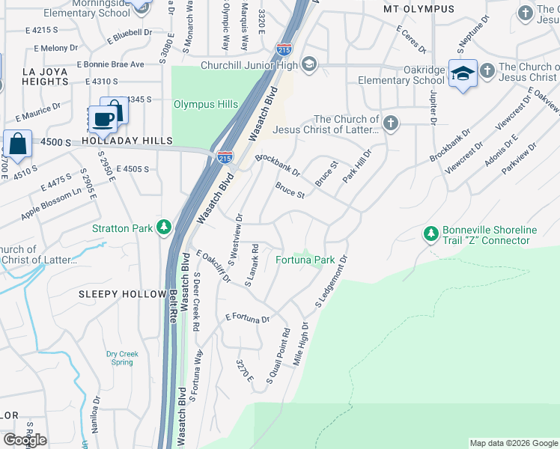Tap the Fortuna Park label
pos(305,260)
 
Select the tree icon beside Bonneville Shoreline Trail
pos(430,234)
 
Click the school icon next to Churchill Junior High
pos(308,64)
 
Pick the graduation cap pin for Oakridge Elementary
pos(463,74)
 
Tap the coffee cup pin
pos(103,118)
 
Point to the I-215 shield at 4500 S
pos(224,157)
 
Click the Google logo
pos(25,440)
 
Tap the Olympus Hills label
pos(206,105)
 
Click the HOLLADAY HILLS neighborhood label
pos(127,141)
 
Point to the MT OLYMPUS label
pos(419,9)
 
